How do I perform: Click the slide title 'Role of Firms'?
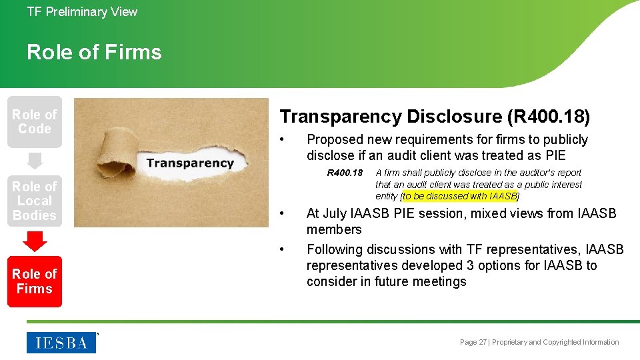coord(94,52)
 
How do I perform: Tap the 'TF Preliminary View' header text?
coord(82,12)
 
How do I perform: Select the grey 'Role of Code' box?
coord(35,122)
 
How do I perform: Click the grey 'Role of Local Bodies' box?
coord(35,201)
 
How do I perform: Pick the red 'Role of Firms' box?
coord(35,281)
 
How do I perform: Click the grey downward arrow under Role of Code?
coord(35,161)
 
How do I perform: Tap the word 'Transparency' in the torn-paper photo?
coord(190,163)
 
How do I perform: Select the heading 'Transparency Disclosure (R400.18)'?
coord(435,117)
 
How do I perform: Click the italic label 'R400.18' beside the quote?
coord(345,173)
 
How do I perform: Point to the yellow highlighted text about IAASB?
coord(460,196)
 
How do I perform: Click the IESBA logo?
coord(61,343)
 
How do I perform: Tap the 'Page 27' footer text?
coord(473,342)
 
